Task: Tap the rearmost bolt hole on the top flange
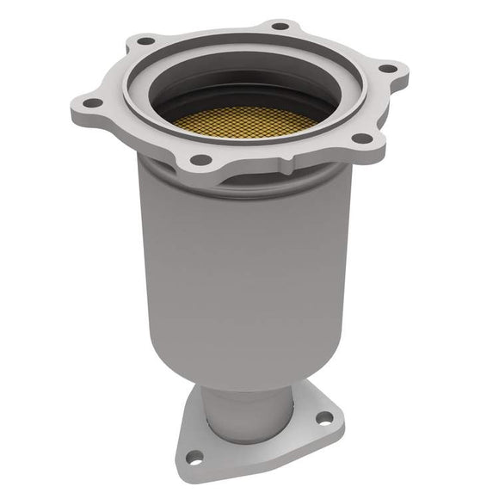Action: (279, 27)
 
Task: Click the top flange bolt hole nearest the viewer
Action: (200, 159)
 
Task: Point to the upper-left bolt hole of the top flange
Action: (142, 40)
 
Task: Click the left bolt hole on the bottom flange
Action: (195, 457)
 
